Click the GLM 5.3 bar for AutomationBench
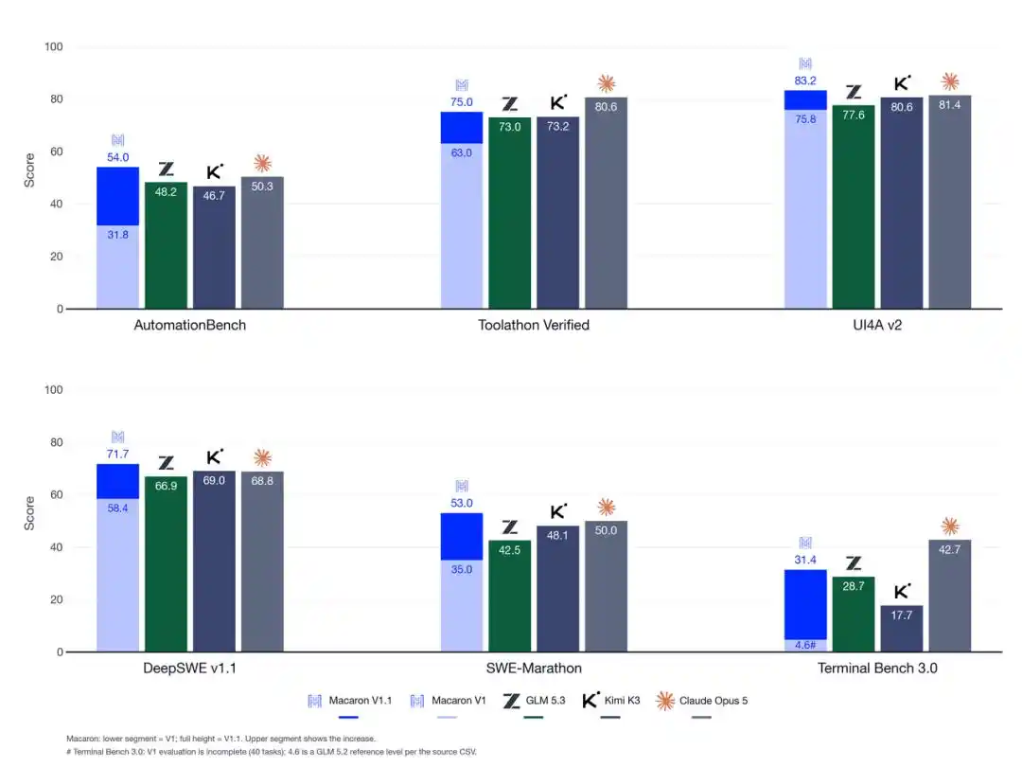[x=166, y=245]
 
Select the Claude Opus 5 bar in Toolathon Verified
[x=607, y=203]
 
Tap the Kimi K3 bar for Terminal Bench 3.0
[x=902, y=629]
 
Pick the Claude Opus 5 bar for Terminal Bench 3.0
[x=950, y=596]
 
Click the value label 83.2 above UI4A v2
[x=805, y=80]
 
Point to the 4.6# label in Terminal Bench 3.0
[x=805, y=645]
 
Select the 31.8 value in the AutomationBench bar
[x=118, y=235]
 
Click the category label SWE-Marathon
[x=534, y=668]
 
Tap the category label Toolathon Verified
[x=534, y=325]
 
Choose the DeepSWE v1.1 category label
[x=189, y=668]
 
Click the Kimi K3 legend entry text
[x=622, y=701]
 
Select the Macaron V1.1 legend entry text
[x=361, y=701]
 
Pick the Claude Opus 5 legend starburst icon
[x=665, y=701]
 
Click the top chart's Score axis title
[x=29, y=170]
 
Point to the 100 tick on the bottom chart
[x=53, y=390]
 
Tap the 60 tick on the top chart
[x=57, y=152]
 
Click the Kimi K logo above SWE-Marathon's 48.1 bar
[x=558, y=511]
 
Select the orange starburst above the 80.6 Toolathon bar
[x=607, y=83]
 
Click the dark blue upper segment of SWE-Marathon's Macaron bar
[x=462, y=537]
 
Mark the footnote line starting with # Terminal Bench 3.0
[x=272, y=752]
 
